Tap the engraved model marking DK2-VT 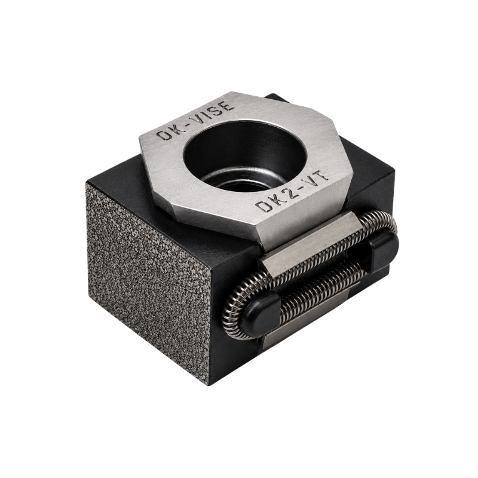[293, 191]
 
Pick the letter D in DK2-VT [263, 207]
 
